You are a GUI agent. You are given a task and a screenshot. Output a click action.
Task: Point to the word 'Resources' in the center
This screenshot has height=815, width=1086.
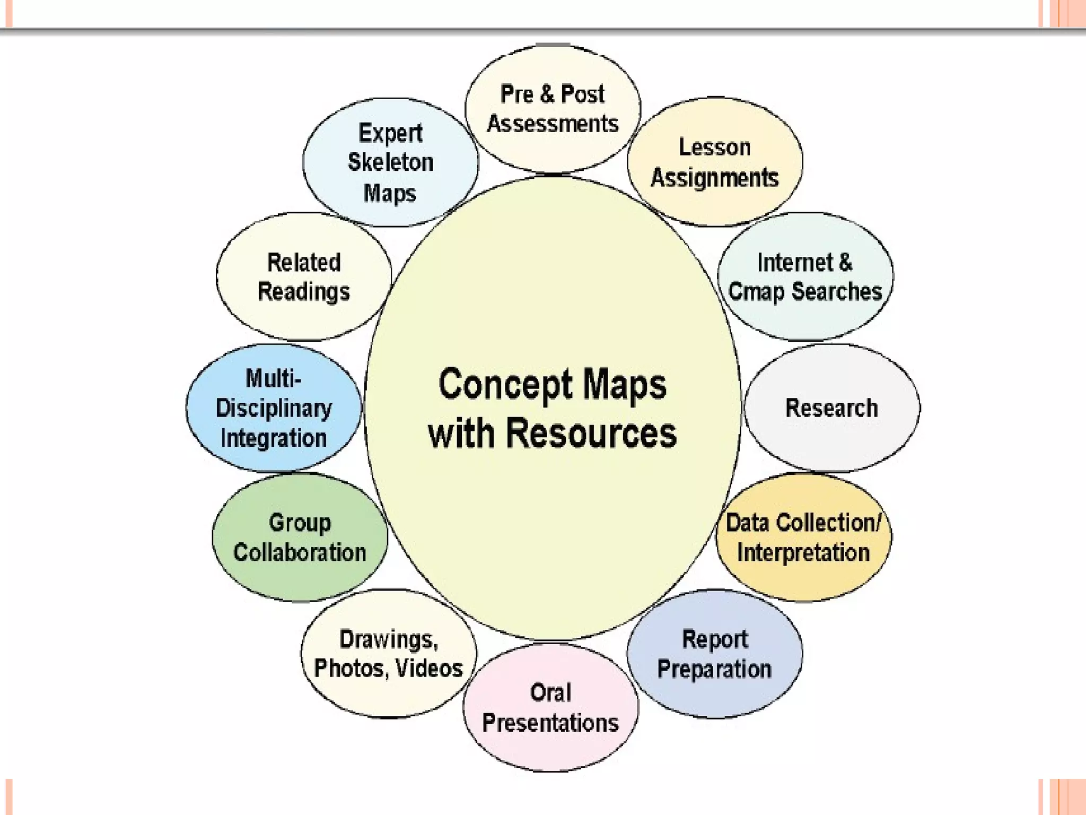591,433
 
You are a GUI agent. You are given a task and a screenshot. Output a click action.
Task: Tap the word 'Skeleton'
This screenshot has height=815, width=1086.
390,162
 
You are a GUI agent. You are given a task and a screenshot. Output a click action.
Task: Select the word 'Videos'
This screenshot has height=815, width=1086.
430,668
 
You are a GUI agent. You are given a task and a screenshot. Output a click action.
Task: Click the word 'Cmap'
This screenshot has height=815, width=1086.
756,292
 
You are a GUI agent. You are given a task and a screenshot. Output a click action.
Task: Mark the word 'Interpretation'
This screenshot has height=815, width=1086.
803,552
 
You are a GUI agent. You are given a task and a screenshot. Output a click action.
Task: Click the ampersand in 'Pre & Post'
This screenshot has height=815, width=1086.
547,94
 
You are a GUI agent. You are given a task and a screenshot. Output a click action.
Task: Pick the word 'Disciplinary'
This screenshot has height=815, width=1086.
274,408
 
